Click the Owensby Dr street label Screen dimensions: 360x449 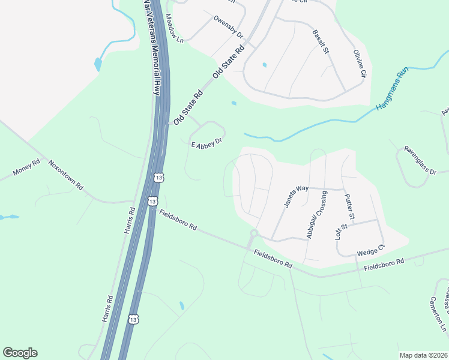[x=228, y=27]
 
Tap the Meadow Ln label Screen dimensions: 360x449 [x=173, y=28]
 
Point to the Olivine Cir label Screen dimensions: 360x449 [x=360, y=65]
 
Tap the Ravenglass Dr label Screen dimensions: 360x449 [x=420, y=160]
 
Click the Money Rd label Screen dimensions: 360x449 [x=26, y=169]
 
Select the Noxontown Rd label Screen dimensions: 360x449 [x=65, y=174]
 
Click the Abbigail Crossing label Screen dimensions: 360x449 [x=316, y=215]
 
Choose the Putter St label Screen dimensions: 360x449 [x=350, y=206]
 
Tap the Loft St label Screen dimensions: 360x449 [x=340, y=232]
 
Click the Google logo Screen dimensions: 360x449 [x=20, y=353]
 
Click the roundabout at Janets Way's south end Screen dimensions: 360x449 [x=254, y=233]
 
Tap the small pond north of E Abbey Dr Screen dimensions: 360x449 [x=234, y=103]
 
